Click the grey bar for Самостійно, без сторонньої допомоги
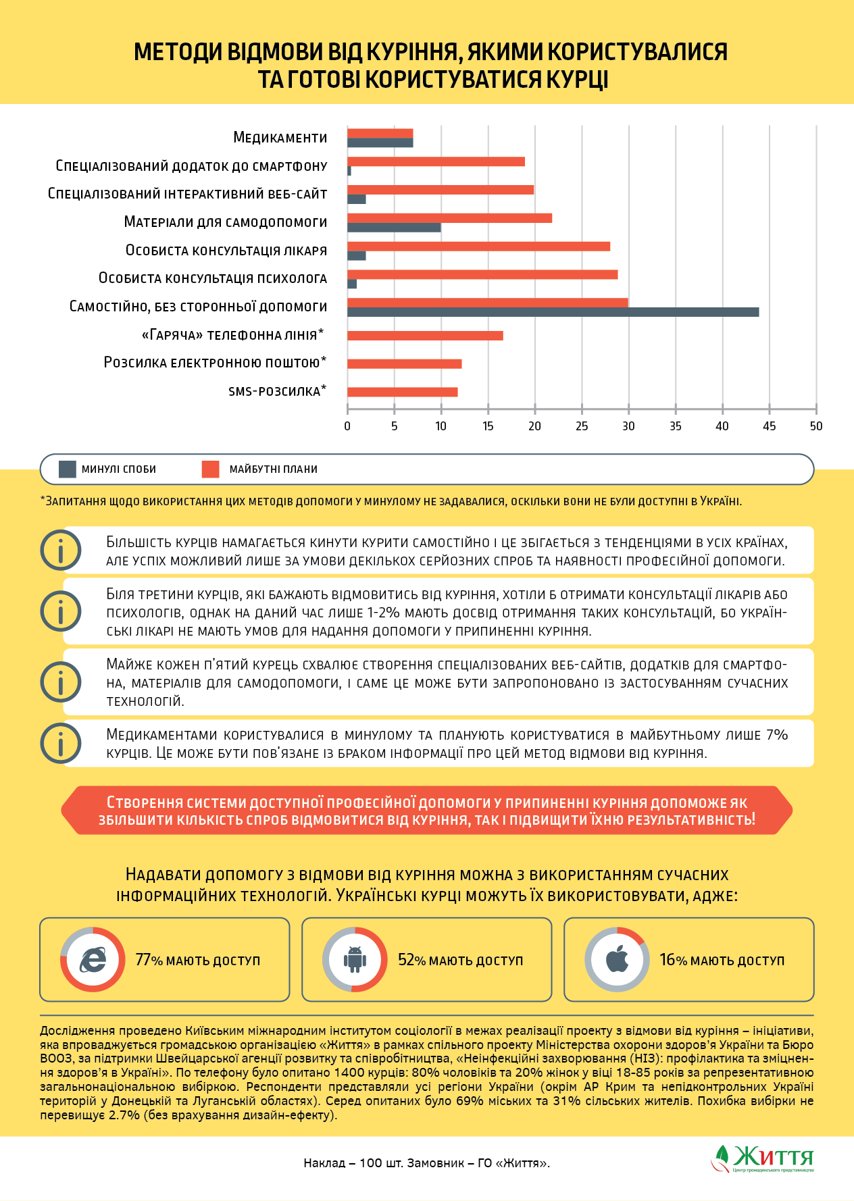553,312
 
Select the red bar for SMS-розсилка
402,392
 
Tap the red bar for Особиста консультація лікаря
478,246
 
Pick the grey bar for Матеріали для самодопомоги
394,228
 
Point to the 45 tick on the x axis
769,426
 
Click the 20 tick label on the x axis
534,426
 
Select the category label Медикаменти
280,138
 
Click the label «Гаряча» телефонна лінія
232,335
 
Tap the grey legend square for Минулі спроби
68,469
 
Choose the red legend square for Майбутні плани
210,469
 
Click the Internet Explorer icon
93,960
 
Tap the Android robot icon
355,960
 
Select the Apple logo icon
617,960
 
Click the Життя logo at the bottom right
763,1158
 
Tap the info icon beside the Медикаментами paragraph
61,743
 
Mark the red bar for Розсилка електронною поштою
404,363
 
